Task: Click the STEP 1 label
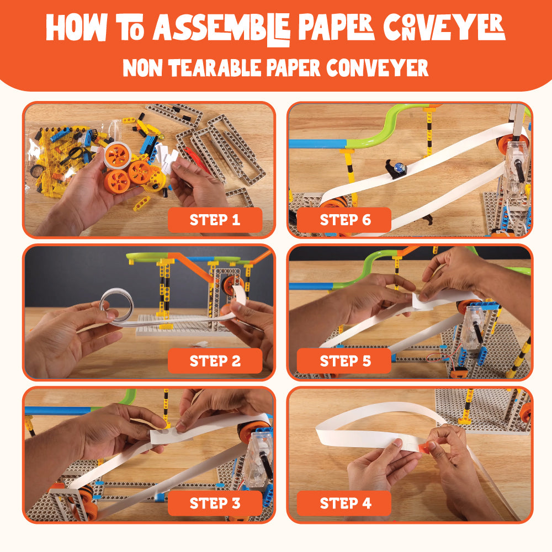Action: [215, 220]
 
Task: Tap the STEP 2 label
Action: [215, 361]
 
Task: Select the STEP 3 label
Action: [215, 503]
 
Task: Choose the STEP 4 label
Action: [345, 503]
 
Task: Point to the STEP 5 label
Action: [345, 361]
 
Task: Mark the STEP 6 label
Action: [345, 220]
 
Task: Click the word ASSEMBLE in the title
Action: [222, 29]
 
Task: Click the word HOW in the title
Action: [76, 28]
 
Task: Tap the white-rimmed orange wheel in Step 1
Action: [118, 155]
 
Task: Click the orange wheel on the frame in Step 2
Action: [231, 285]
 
